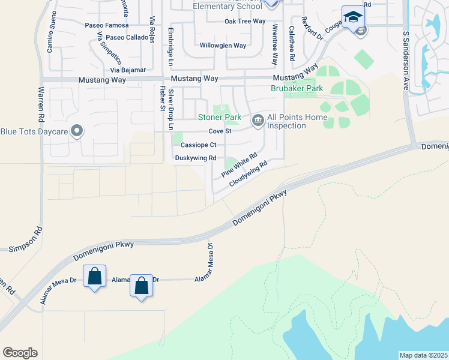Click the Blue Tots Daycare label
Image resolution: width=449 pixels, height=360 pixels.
(x=34, y=131)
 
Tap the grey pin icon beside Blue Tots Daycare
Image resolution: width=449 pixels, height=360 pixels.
(x=77, y=130)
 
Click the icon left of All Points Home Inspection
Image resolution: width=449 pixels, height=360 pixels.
(x=258, y=121)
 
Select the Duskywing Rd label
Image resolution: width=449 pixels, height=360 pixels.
(x=195, y=158)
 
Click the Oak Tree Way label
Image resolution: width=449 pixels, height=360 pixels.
(x=245, y=21)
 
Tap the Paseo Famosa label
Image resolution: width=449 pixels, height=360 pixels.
(x=107, y=25)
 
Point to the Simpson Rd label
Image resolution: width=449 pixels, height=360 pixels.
(x=24, y=240)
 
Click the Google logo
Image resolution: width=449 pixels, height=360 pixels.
(x=20, y=353)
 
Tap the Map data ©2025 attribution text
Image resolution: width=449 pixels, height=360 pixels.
(x=423, y=355)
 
